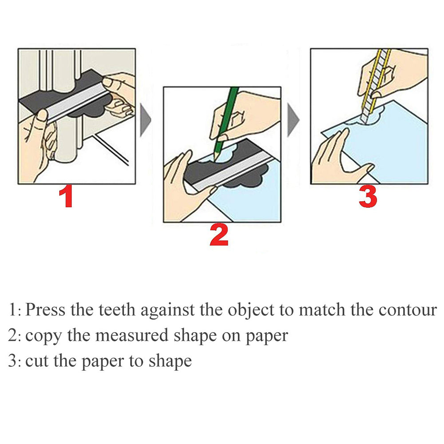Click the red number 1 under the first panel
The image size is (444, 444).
click(x=66, y=197)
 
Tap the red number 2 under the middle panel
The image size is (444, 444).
click(x=219, y=235)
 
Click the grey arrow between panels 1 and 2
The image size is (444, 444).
click(x=146, y=120)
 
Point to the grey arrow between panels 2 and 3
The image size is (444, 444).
click(x=293, y=120)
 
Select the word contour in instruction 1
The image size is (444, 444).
click(x=408, y=310)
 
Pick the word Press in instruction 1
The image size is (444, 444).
click(x=45, y=309)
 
